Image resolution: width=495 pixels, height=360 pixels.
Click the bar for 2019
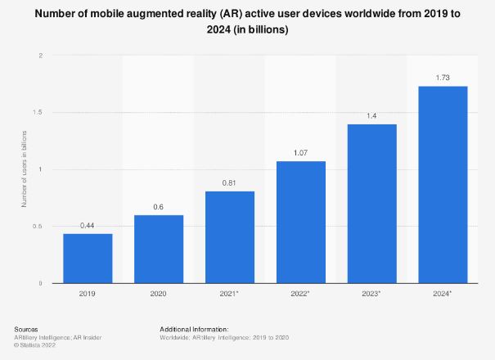click(x=88, y=259)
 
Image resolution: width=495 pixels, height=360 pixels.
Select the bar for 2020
click(x=159, y=250)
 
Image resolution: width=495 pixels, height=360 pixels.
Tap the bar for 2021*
click(x=230, y=237)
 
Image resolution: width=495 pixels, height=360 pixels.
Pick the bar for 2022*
click(x=301, y=223)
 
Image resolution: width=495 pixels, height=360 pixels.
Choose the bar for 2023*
click(x=372, y=204)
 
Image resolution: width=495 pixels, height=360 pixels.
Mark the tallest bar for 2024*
click(x=443, y=185)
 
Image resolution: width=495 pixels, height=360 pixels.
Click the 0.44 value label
click(x=88, y=226)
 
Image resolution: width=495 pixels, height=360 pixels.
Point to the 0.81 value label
click(x=230, y=183)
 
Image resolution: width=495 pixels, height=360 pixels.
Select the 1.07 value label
click(x=301, y=154)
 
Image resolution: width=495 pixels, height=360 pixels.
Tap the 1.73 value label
click(x=443, y=79)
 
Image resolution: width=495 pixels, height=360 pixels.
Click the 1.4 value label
click(x=372, y=116)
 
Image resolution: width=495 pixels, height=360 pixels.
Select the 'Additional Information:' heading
click(x=195, y=329)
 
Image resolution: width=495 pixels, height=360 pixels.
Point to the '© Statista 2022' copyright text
click(x=34, y=344)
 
